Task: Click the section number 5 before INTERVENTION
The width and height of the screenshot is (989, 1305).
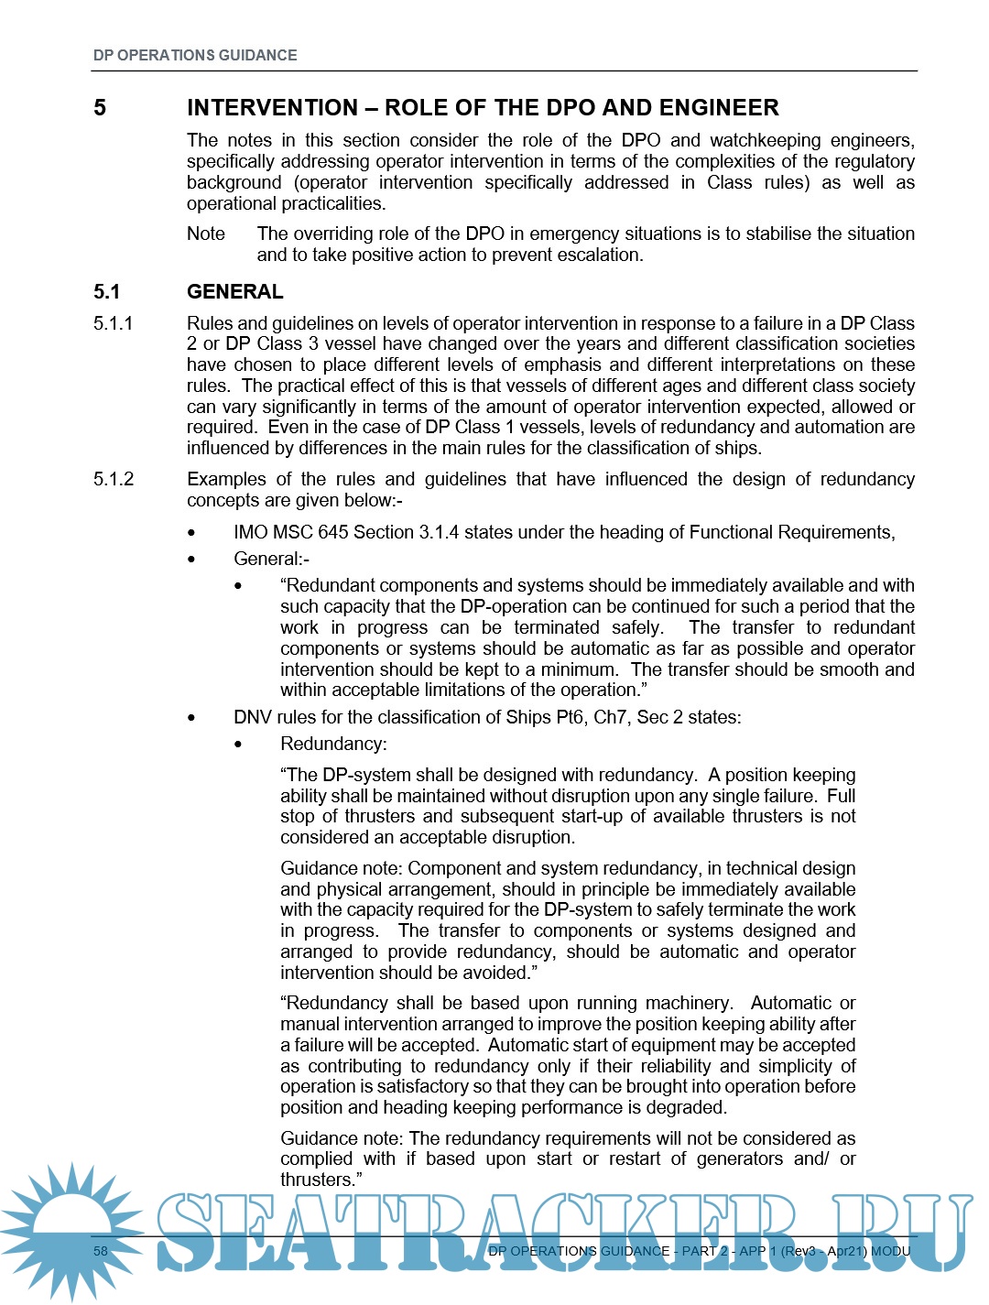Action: pyautogui.click(x=100, y=108)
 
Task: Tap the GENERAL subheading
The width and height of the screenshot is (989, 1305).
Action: pyautogui.click(x=234, y=292)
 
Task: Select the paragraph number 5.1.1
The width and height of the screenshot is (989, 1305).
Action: pyautogui.click(x=113, y=323)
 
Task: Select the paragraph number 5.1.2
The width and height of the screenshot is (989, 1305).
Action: pyautogui.click(x=113, y=479)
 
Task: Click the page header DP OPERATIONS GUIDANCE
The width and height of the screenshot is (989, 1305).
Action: pyautogui.click(x=195, y=55)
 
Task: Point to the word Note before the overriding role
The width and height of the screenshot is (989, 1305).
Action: pyautogui.click(x=206, y=234)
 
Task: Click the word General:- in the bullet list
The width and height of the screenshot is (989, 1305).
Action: pyautogui.click(x=272, y=559)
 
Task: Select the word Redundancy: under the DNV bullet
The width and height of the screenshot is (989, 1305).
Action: pyautogui.click(x=333, y=744)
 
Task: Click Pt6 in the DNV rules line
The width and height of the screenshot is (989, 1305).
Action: pyautogui.click(x=571, y=717)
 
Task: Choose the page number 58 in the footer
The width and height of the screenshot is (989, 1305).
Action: pyautogui.click(x=101, y=1251)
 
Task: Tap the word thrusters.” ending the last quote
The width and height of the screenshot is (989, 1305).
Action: pyautogui.click(x=321, y=1180)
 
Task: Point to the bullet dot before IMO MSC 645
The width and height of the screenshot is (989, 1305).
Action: pyautogui.click(x=191, y=533)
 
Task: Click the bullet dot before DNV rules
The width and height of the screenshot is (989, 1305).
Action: pyautogui.click(x=191, y=718)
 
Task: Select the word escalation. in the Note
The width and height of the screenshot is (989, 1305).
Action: pyautogui.click(x=599, y=255)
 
